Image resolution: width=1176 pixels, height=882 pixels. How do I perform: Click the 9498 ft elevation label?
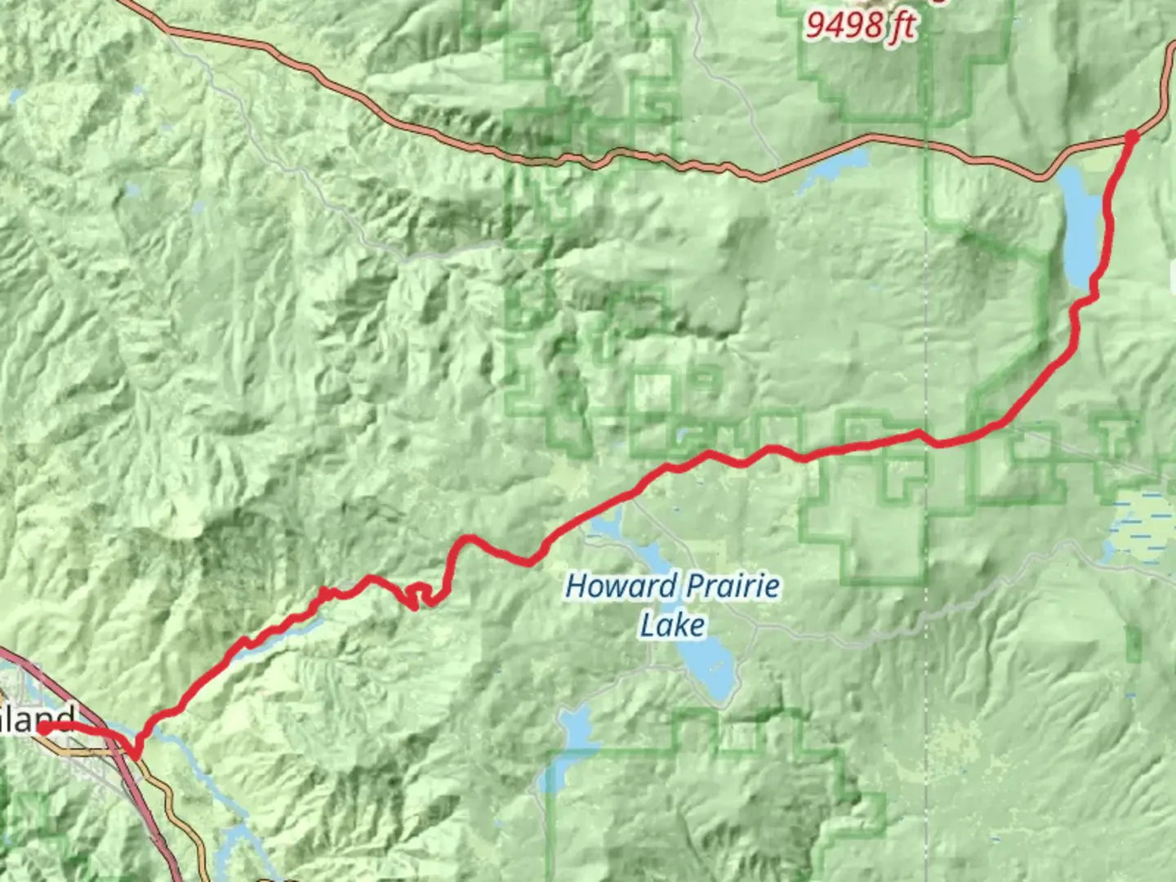pyautogui.click(x=860, y=25)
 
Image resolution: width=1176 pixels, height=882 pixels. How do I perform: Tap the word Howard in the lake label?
pyautogui.click(x=621, y=586)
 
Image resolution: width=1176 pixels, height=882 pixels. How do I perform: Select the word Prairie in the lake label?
pyautogui.click(x=733, y=586)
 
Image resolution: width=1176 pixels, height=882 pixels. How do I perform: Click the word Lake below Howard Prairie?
pyautogui.click(x=672, y=626)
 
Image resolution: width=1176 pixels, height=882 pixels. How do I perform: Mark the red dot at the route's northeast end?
pyautogui.click(x=1131, y=136)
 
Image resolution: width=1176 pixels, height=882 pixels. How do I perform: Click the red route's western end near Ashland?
pyautogui.click(x=41, y=728)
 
